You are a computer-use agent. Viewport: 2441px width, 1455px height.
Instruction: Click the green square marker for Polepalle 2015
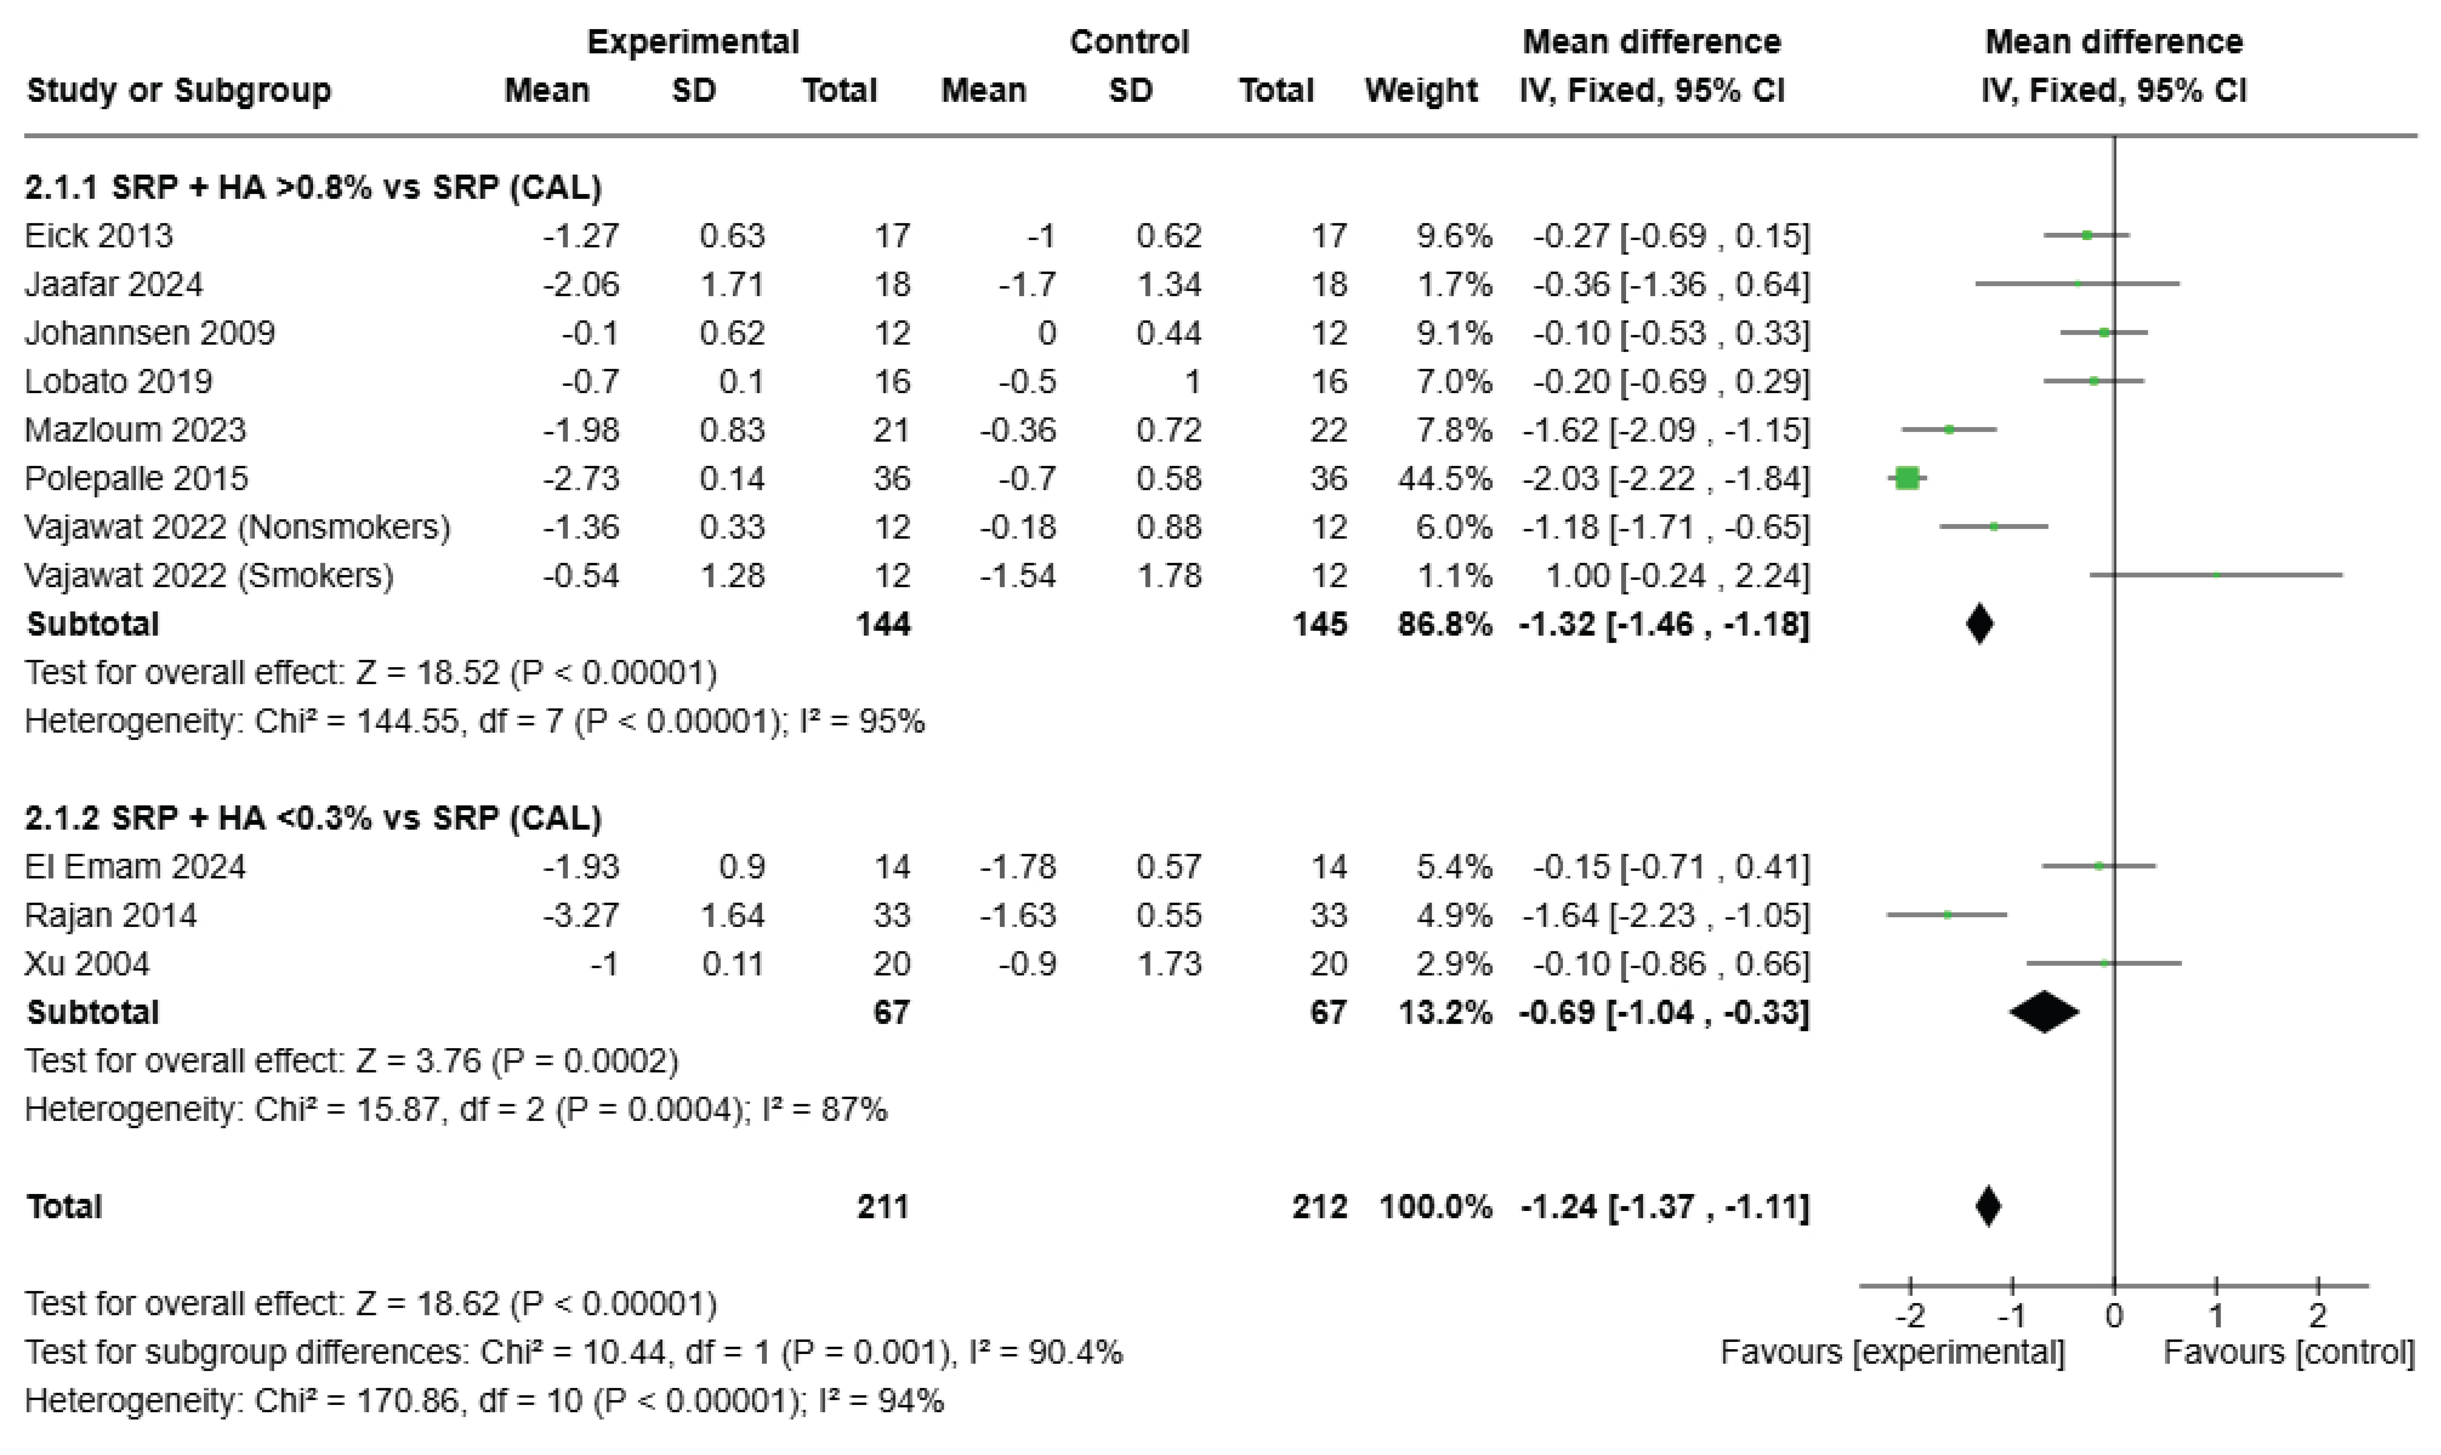[x=1906, y=478]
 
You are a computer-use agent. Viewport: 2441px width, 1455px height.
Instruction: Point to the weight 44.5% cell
[x=1445, y=478]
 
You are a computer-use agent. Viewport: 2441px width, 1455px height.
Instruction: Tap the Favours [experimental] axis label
[x=1893, y=1353]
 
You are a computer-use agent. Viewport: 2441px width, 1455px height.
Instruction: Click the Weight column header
[x=1421, y=90]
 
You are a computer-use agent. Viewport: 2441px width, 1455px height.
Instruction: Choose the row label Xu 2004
[x=87, y=964]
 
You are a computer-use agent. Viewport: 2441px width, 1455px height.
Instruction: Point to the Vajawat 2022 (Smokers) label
[x=209, y=576]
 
